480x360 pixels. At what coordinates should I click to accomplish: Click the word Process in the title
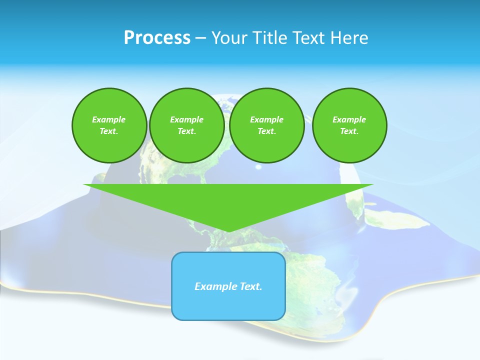click(157, 38)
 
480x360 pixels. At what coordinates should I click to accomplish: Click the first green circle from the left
click(109, 125)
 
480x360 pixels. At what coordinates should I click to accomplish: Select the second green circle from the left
click(186, 125)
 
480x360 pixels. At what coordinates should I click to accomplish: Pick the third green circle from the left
click(266, 125)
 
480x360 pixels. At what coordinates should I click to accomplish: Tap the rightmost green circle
click(349, 125)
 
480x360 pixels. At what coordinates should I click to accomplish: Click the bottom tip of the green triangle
click(228, 231)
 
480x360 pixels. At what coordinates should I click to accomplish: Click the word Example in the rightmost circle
click(349, 119)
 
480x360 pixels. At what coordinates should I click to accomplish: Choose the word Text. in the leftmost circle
click(109, 131)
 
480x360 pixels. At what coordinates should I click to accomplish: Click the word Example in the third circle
click(266, 119)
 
